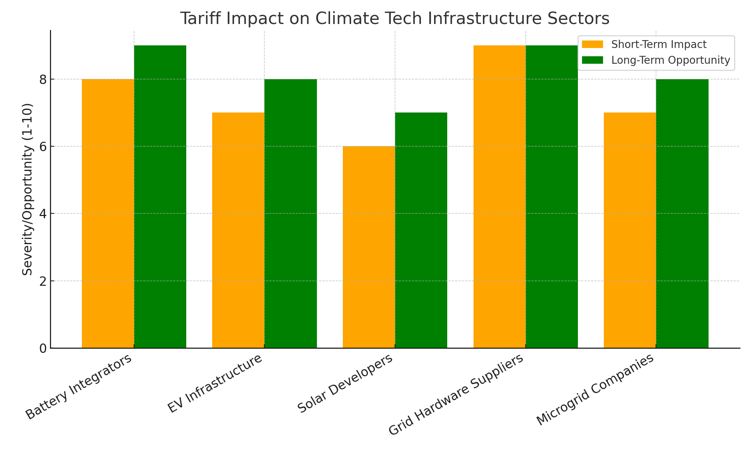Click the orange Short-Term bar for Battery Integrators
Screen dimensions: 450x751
click(108, 213)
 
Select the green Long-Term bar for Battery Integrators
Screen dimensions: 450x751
click(160, 196)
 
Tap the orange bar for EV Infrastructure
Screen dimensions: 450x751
click(238, 230)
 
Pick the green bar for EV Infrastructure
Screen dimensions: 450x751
click(291, 213)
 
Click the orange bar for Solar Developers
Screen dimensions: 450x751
click(369, 247)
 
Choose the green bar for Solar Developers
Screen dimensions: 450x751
click(421, 230)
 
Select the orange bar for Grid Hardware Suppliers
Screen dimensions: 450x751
click(499, 196)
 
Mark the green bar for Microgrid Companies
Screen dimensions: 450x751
click(682, 213)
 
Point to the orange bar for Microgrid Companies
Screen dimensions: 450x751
click(630, 230)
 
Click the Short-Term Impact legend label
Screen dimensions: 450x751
click(659, 45)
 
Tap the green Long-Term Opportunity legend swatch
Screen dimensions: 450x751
click(592, 60)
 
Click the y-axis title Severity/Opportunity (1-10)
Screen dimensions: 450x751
click(27, 189)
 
